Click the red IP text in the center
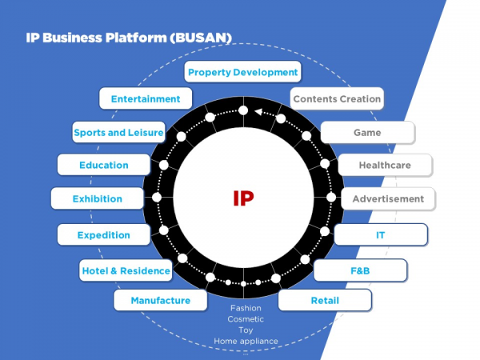(243, 198)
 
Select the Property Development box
(242, 72)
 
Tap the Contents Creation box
(337, 99)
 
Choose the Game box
(367, 132)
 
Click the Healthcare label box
(385, 165)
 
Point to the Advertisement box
(388, 198)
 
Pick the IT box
(381, 235)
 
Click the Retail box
(325, 301)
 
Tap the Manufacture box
(160, 301)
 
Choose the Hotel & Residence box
(126, 270)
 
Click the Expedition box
(104, 235)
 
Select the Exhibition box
(98, 198)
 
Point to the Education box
(103, 165)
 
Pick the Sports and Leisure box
(118, 132)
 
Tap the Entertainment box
(146, 99)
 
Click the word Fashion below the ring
(246, 308)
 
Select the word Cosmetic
(246, 319)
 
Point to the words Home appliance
(246, 342)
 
